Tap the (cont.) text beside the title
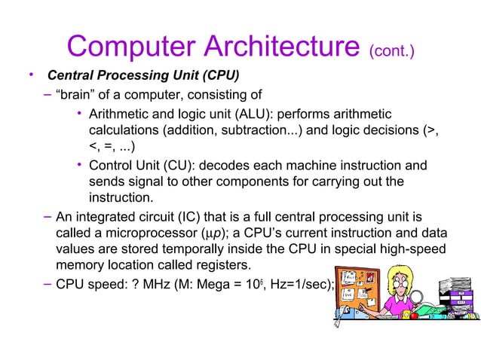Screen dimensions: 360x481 (391, 51)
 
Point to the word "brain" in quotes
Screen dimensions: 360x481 (76, 95)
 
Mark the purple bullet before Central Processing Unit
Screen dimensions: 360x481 (31, 75)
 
